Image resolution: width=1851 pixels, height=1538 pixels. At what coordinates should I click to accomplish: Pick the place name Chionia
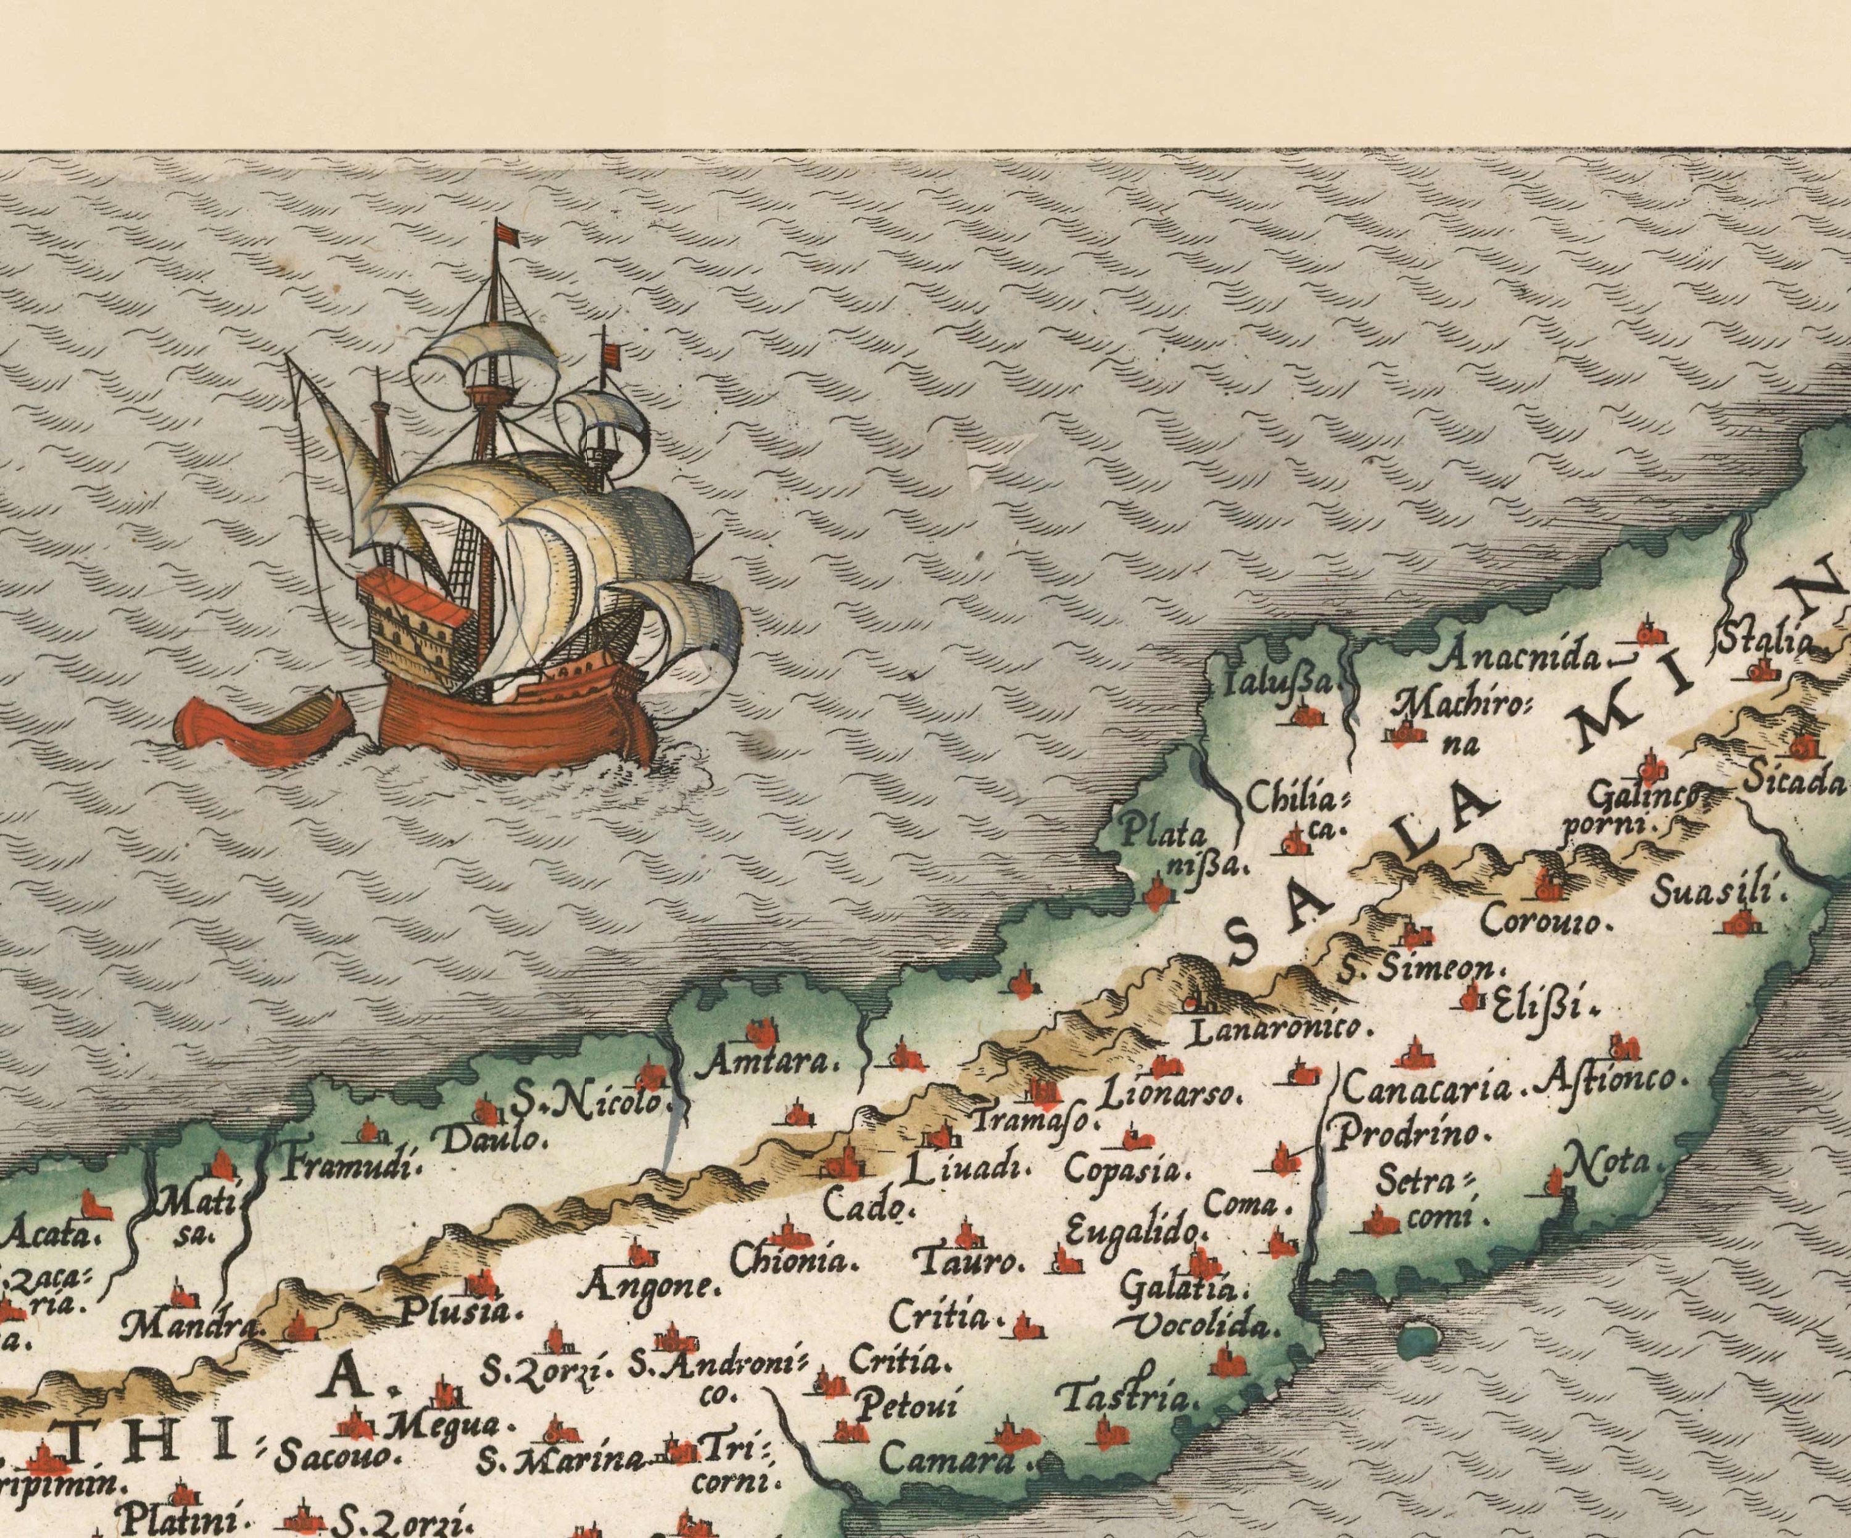[x=794, y=1261]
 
